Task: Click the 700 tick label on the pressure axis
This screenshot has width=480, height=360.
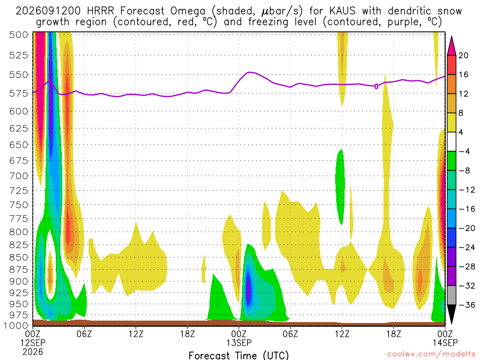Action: tap(19, 176)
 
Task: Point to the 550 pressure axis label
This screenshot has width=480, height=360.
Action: tap(19, 75)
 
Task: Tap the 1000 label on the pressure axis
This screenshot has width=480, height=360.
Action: tap(16, 325)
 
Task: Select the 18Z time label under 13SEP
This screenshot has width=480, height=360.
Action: tap(393, 333)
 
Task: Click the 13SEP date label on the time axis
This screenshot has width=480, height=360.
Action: tap(239, 342)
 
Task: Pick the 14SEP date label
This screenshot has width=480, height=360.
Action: tap(445, 342)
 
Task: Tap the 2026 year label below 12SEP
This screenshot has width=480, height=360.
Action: tap(33, 352)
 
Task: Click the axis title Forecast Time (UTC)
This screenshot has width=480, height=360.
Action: tap(239, 355)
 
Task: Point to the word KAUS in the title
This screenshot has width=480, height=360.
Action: tap(343, 11)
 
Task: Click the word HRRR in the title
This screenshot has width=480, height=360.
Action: tap(100, 11)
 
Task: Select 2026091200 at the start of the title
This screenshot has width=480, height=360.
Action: tap(48, 11)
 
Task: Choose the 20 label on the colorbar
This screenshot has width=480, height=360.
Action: tap(464, 55)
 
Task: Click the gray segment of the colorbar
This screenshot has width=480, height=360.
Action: tap(451, 295)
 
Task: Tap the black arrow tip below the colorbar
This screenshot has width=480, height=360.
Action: tap(451, 324)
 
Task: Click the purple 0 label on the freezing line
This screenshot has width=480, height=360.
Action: tap(376, 87)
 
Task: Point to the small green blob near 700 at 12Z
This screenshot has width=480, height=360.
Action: tap(340, 187)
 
